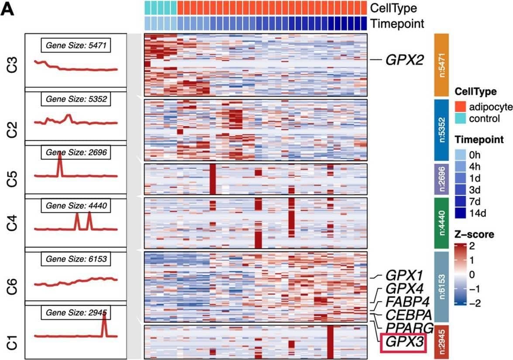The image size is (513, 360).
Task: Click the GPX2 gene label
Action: pyautogui.click(x=404, y=60)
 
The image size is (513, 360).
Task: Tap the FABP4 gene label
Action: pyautogui.click(x=407, y=301)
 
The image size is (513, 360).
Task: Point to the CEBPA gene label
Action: pyautogui.click(x=408, y=315)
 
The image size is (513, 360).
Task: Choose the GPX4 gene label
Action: pyautogui.click(x=404, y=289)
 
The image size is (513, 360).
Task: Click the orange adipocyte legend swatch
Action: pyautogui.click(x=461, y=106)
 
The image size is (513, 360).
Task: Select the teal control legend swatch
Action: pyautogui.click(x=461, y=118)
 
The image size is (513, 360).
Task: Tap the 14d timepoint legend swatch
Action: pyautogui.click(x=461, y=213)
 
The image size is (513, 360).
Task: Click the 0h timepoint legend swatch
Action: pyautogui.click(x=461, y=154)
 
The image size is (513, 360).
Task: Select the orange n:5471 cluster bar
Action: pyautogui.click(x=441, y=65)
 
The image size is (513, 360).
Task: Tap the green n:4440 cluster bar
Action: pyautogui.click(x=441, y=223)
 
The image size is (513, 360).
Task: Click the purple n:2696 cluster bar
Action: pyautogui.click(x=441, y=179)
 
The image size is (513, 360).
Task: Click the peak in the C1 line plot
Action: pyautogui.click(x=104, y=315)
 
